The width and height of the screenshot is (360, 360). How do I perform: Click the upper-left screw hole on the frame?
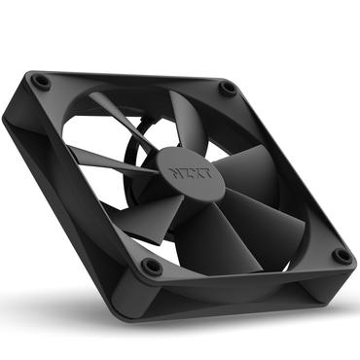[x=42, y=83]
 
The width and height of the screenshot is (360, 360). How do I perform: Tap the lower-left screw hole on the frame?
[x=151, y=266]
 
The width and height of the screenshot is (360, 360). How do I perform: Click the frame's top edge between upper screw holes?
[x=136, y=81]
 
